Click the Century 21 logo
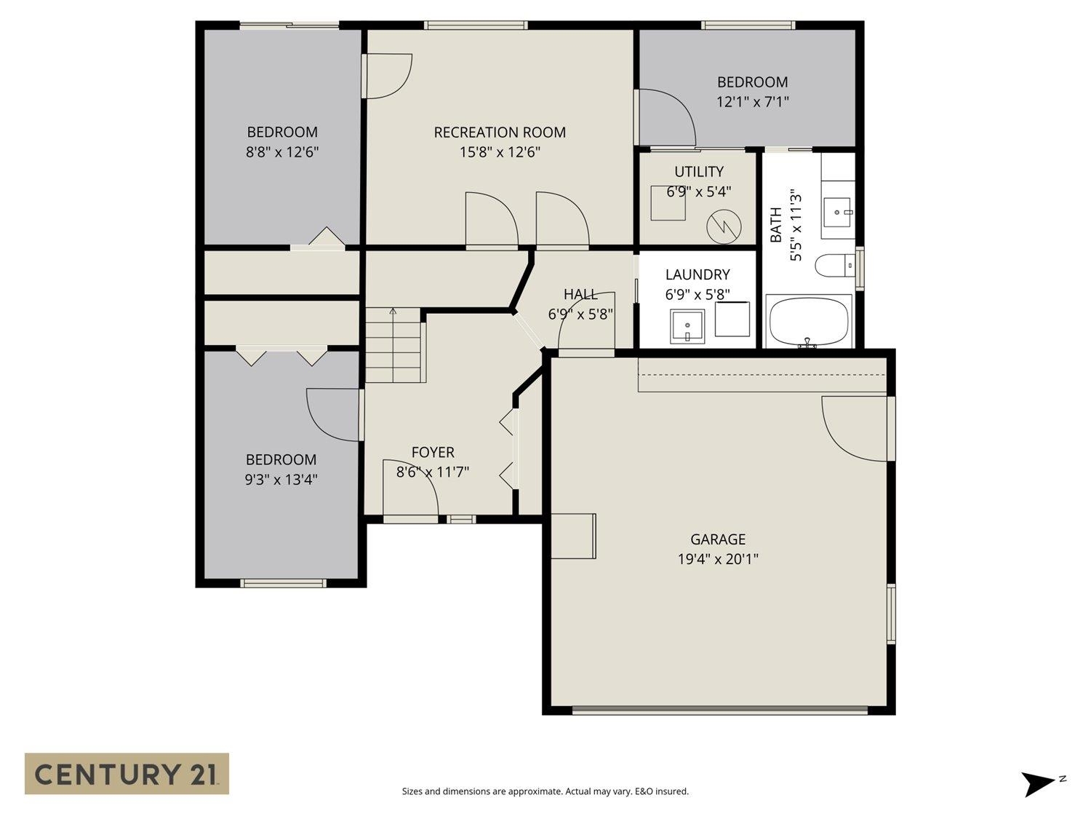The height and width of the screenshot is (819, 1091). [x=127, y=773]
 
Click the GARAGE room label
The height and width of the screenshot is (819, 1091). [x=717, y=539]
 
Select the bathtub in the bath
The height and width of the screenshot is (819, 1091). [x=809, y=322]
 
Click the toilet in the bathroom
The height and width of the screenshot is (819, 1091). [x=834, y=266]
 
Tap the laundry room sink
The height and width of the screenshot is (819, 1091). [x=687, y=326]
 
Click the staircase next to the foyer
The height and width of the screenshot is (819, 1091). [x=393, y=345]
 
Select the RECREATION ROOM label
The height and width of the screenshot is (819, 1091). [x=500, y=132]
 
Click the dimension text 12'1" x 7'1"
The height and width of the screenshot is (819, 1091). [x=752, y=102]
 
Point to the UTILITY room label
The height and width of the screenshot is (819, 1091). [x=698, y=172]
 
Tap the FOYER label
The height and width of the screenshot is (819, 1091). [x=433, y=452]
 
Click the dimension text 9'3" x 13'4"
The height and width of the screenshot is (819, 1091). [x=281, y=480]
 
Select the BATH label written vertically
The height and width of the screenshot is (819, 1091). [x=776, y=225]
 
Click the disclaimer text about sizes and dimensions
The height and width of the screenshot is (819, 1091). [x=545, y=791]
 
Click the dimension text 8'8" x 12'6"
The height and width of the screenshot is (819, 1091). [x=282, y=152]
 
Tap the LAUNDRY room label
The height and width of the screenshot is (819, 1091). [x=698, y=274]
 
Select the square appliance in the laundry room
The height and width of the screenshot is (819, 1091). [x=732, y=320]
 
